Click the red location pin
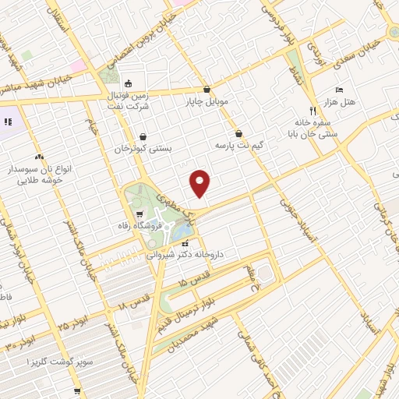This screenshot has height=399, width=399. [x=200, y=182]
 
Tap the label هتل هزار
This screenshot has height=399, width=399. [x=341, y=102]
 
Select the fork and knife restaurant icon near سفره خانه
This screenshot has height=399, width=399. [x=312, y=110]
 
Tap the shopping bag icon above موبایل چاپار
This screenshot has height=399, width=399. [x=207, y=89]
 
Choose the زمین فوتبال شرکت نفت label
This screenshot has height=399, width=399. [x=129, y=97]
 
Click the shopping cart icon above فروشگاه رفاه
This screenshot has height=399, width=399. [x=139, y=214]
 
